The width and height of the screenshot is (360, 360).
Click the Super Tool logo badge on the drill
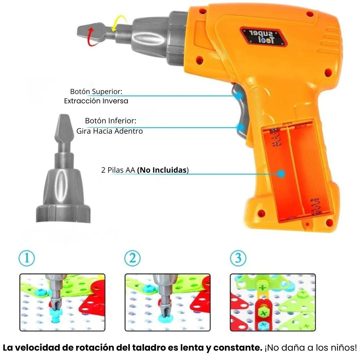click(x=264, y=37)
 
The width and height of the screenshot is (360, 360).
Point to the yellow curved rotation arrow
click(x=120, y=22)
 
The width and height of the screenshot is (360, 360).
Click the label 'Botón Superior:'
click(x=96, y=92)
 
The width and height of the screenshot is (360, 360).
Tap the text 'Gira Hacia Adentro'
click(x=110, y=131)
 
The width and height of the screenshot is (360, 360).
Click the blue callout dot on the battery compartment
click(x=281, y=174)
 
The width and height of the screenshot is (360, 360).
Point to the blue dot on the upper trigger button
click(x=239, y=96)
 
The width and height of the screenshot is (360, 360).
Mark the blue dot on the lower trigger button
click(x=241, y=127)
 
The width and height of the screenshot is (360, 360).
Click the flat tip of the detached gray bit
click(x=65, y=115)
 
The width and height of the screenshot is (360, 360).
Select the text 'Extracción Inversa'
click(x=96, y=101)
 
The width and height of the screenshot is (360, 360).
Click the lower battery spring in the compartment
click(x=315, y=207)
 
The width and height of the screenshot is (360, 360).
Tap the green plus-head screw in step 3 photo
click(x=263, y=287)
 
